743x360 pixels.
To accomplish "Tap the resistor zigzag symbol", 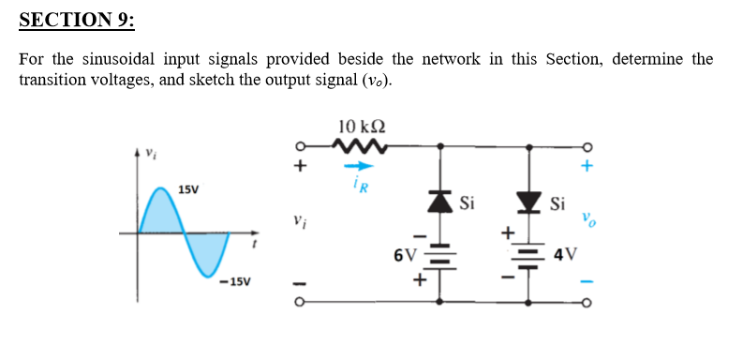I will tap(361, 145).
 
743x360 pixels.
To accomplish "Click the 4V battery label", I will tap(568, 253).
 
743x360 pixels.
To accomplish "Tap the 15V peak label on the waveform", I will tap(187, 190).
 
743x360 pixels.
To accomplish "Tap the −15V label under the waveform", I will tap(234, 281).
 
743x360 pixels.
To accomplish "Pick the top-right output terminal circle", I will tap(587, 146).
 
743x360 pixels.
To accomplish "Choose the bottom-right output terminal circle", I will tap(587, 302).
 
